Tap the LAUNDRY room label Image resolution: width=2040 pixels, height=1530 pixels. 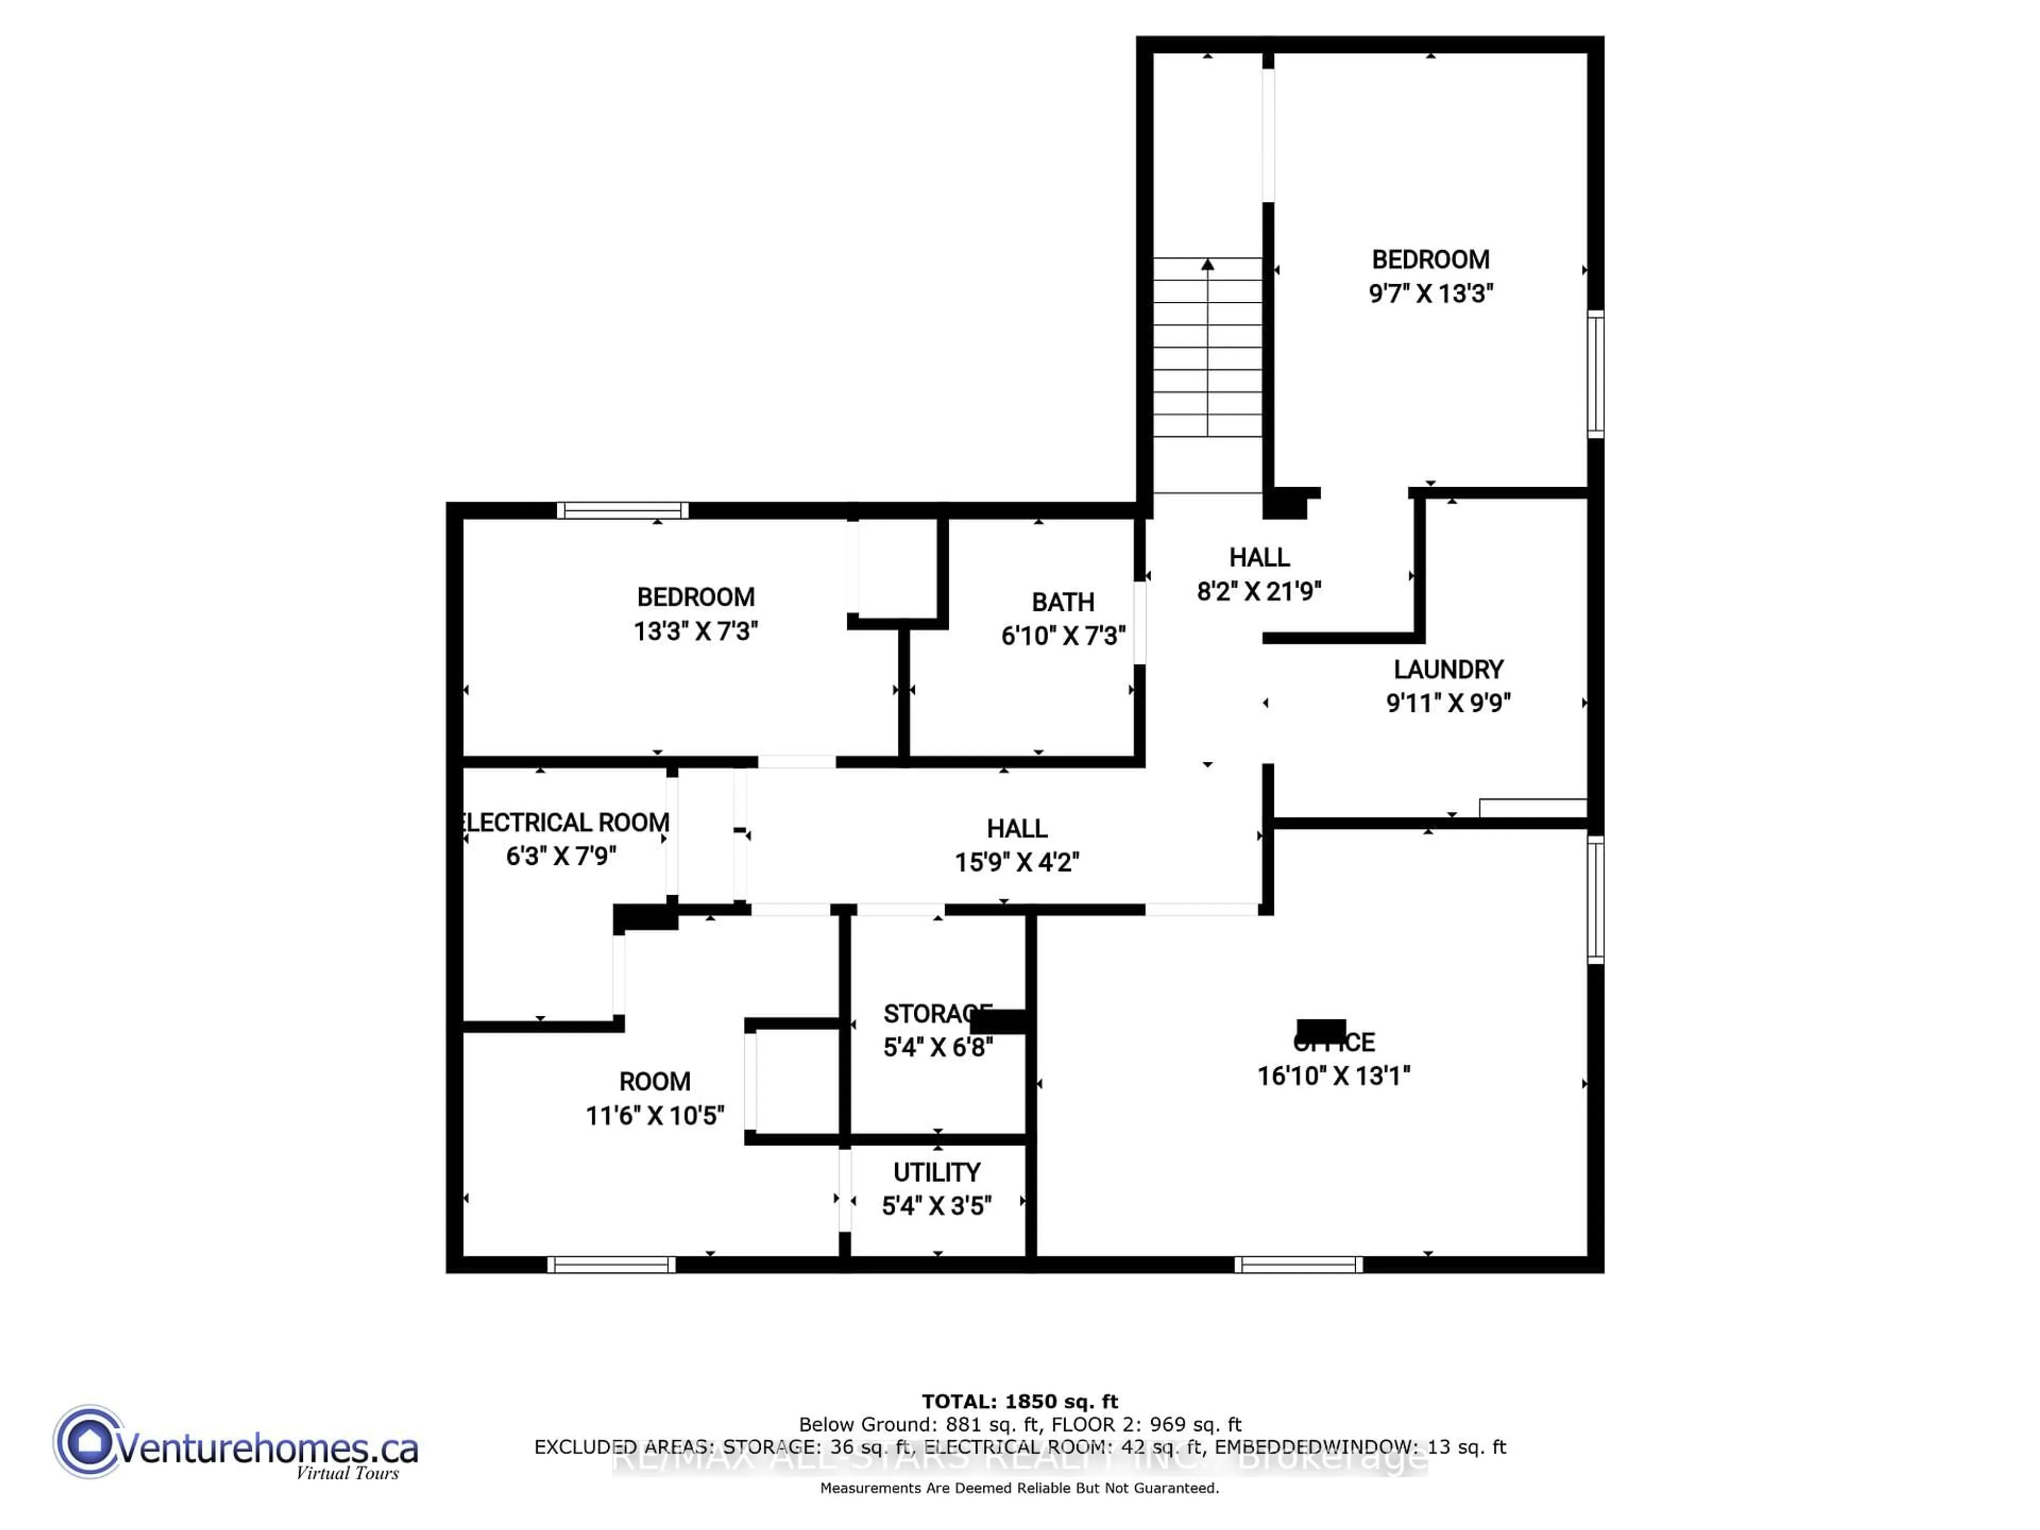click(x=1448, y=669)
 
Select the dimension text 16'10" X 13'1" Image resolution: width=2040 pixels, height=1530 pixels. click(x=1333, y=1075)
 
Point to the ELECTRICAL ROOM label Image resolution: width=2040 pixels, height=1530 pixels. click(x=564, y=822)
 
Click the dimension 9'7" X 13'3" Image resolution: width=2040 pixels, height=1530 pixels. click(x=1431, y=293)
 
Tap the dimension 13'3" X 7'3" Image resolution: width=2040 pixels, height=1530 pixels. click(x=695, y=631)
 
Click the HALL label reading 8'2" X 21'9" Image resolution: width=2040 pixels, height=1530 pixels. click(x=1259, y=557)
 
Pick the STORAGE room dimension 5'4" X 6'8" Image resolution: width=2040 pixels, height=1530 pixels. click(x=937, y=1048)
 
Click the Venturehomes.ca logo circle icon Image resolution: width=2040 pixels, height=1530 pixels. click(x=89, y=1441)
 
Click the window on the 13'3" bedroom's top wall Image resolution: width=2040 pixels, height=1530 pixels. click(x=623, y=510)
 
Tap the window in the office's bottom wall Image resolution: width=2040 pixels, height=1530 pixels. click(x=1298, y=1264)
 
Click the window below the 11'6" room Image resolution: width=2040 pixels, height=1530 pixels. click(x=611, y=1264)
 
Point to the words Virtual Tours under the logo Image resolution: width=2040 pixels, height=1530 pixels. click(x=347, y=1473)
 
